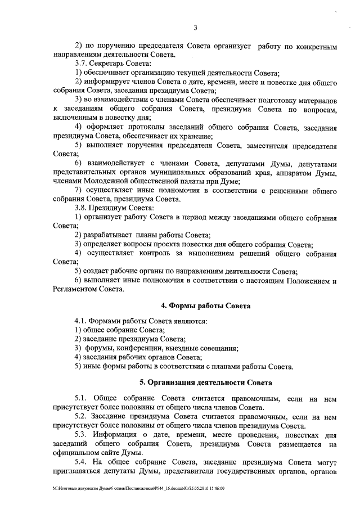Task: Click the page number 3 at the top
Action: (195, 27)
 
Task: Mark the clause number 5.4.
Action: (82, 462)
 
